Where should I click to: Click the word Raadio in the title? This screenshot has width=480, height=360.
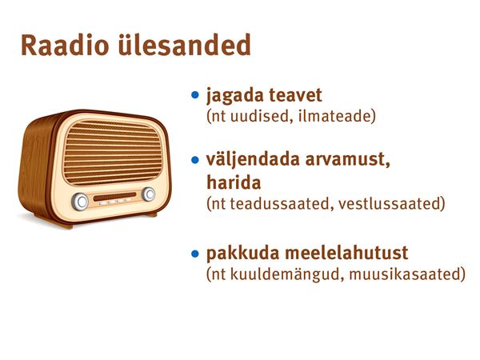pyautogui.click(x=65, y=45)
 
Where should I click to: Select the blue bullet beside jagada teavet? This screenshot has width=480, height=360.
pyautogui.click(x=194, y=94)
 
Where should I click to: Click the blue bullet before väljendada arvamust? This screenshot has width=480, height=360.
pyautogui.click(x=194, y=160)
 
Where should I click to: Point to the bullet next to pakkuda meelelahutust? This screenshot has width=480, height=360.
pyautogui.click(x=194, y=254)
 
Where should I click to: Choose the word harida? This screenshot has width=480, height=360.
pyautogui.click(x=234, y=182)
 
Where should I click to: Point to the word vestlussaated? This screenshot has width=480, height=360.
pyautogui.click(x=390, y=204)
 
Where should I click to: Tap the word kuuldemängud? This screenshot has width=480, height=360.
pyautogui.click(x=287, y=274)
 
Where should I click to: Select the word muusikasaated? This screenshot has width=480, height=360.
pyautogui.click(x=404, y=274)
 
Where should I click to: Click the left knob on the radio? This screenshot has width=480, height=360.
pyautogui.click(x=80, y=202)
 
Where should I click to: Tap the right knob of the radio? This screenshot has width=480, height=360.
pyautogui.click(x=149, y=194)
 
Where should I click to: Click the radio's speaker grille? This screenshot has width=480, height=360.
pyautogui.click(x=112, y=152)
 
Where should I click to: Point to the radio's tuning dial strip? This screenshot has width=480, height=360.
pyautogui.click(x=114, y=197)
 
